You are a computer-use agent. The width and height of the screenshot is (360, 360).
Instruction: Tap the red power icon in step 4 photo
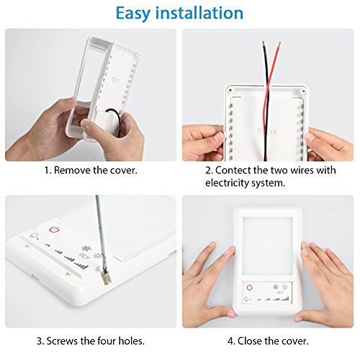249,287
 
